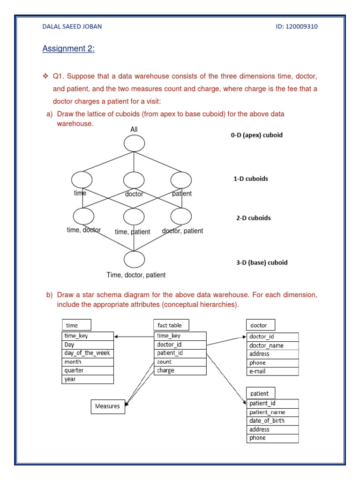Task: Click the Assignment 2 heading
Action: coord(68,49)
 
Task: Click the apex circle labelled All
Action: coord(134,143)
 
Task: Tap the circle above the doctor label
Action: coord(134,180)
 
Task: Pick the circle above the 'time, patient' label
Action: coord(134,217)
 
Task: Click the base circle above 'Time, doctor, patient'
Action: coord(134,260)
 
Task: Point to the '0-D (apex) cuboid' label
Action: coord(257,135)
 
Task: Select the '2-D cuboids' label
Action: coord(253,218)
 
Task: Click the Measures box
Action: coord(107,406)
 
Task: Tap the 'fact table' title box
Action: coord(170,325)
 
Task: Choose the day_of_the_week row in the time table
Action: coord(88,353)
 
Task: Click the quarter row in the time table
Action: coord(88,370)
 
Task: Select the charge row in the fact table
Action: coord(180,370)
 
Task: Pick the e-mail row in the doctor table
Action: coord(272,371)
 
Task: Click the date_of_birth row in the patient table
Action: coord(272,420)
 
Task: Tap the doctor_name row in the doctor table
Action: coord(272,345)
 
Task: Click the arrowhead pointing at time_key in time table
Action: coord(117,336)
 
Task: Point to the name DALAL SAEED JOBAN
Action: coord(72,26)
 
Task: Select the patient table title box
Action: coord(261,393)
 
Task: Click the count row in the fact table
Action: coord(180,362)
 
